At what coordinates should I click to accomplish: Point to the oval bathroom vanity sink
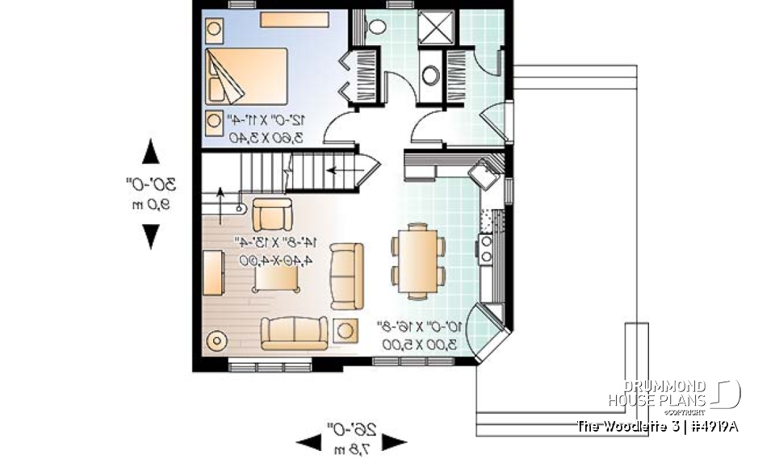432,75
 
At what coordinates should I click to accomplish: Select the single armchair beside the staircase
270,215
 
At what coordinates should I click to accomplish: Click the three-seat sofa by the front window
293,332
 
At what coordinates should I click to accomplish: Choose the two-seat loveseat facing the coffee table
346,275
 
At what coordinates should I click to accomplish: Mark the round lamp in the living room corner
217,340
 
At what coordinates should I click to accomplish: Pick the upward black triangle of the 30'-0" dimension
150,152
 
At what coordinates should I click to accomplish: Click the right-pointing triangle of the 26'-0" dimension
394,442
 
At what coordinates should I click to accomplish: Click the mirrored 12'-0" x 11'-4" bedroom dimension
267,120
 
